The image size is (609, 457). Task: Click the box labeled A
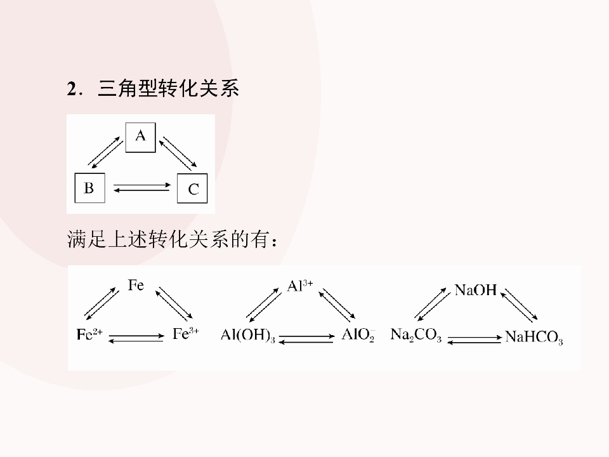pyautogui.click(x=140, y=137)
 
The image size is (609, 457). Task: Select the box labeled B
pyautogui.click(x=89, y=188)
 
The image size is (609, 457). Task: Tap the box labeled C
pyautogui.click(x=192, y=189)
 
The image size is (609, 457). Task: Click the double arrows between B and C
pyautogui.click(x=141, y=188)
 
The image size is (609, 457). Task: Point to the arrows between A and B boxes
pyautogui.click(x=105, y=152)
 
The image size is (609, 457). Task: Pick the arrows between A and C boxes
pyautogui.click(x=178, y=153)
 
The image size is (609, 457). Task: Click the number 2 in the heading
pyautogui.click(x=72, y=89)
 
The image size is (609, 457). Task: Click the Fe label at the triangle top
pyautogui.click(x=136, y=285)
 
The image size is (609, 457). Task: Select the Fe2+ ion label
pyautogui.click(x=89, y=334)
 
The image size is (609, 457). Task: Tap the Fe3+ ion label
pyautogui.click(x=186, y=333)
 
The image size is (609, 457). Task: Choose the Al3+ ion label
pyautogui.click(x=300, y=286)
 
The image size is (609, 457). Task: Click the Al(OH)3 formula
pyautogui.click(x=248, y=335)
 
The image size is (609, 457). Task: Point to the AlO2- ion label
pyautogui.click(x=358, y=334)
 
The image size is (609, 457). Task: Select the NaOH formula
pyautogui.click(x=475, y=290)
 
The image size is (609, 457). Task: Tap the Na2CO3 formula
pyautogui.click(x=416, y=334)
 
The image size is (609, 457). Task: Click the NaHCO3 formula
pyautogui.click(x=534, y=337)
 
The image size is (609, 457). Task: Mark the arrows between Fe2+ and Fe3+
pyautogui.click(x=136, y=338)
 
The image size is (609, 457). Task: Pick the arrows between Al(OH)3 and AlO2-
pyautogui.click(x=306, y=339)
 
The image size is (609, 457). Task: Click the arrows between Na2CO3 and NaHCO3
pyautogui.click(x=475, y=340)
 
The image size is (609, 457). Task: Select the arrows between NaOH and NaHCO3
pyautogui.click(x=519, y=305)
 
